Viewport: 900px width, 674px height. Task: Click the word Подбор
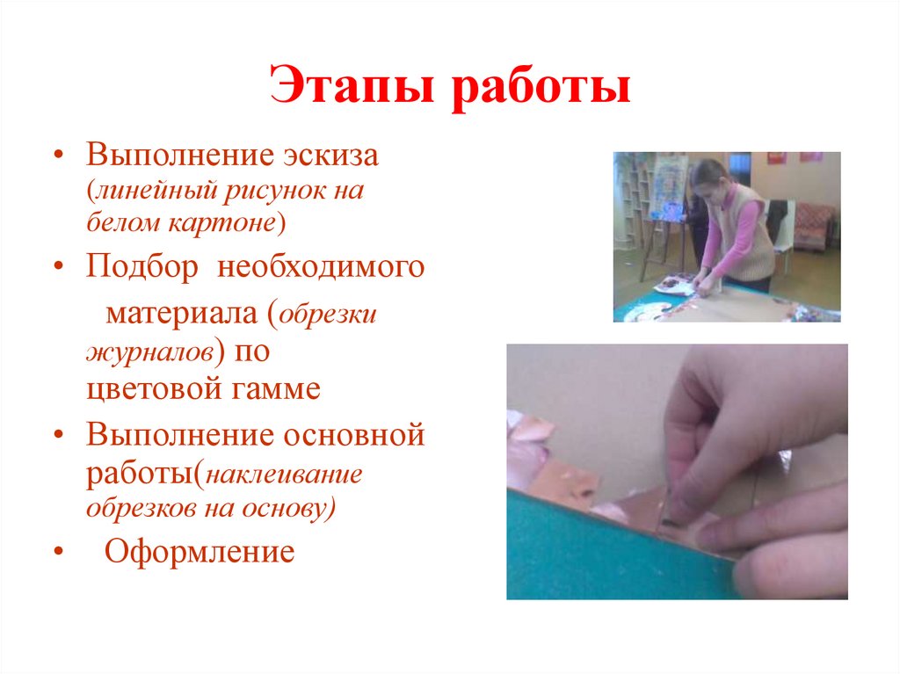[142, 268]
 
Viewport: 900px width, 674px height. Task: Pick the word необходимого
[321, 268]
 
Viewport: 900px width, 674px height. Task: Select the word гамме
[276, 389]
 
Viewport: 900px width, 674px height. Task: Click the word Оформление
[199, 553]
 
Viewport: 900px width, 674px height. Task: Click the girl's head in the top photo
[707, 179]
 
